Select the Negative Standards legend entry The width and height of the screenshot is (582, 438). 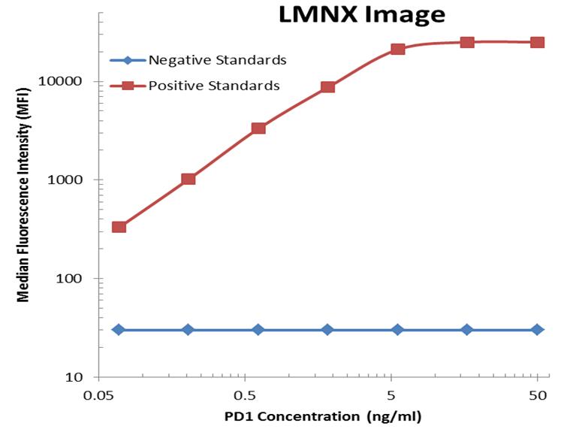click(218, 60)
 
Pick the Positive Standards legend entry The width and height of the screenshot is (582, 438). click(214, 86)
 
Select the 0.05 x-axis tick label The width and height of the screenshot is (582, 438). click(98, 395)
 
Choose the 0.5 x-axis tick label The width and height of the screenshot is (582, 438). click(244, 395)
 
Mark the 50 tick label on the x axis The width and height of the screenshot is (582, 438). click(537, 395)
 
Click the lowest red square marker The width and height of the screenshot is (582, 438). click(119, 227)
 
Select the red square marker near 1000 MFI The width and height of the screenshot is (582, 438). click(188, 179)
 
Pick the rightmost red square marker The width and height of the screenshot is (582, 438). click(537, 42)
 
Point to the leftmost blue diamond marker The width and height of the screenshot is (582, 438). click(119, 330)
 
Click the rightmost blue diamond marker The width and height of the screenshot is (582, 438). click(537, 330)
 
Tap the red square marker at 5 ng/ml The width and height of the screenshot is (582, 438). click(398, 49)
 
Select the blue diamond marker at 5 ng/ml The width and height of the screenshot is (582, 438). click(398, 330)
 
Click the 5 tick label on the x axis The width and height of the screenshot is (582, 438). click(391, 395)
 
